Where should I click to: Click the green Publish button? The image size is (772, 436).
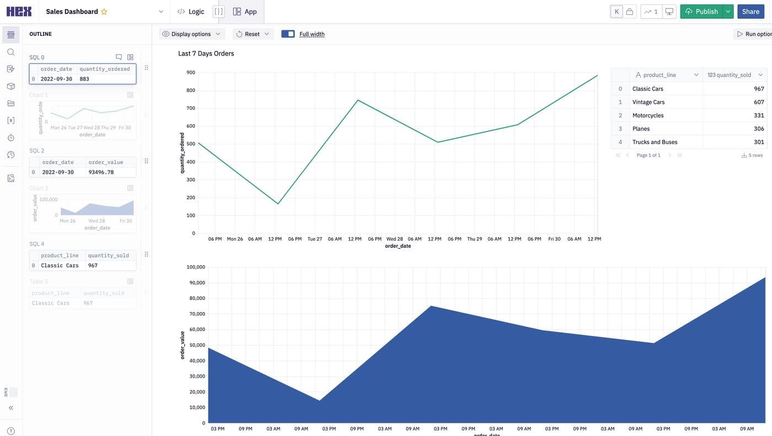pyautogui.click(x=701, y=12)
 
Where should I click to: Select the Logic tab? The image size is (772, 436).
pyautogui.click(x=191, y=12)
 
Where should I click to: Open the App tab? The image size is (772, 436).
pyautogui.click(x=245, y=12)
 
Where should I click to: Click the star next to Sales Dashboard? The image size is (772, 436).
pyautogui.click(x=104, y=12)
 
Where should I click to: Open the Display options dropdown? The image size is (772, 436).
pyautogui.click(x=192, y=34)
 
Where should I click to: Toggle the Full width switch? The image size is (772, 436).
pyautogui.click(x=288, y=34)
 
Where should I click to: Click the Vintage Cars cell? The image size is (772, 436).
pyautogui.click(x=648, y=102)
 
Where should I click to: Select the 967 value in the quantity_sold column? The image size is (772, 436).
pyautogui.click(x=759, y=89)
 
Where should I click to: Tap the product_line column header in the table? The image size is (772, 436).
pyautogui.click(x=660, y=75)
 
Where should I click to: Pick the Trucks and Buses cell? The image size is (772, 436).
pyautogui.click(x=655, y=142)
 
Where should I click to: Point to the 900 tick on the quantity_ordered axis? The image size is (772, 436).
pyautogui.click(x=190, y=72)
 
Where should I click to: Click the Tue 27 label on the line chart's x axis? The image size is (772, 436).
pyautogui.click(x=315, y=239)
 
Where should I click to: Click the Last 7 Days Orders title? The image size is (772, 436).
pyautogui.click(x=206, y=54)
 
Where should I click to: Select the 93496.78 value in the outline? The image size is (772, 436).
pyautogui.click(x=101, y=172)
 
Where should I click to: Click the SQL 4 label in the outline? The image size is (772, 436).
pyautogui.click(x=37, y=244)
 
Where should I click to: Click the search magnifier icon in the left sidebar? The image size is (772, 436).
pyautogui.click(x=10, y=52)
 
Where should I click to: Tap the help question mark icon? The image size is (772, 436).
pyautogui.click(x=10, y=431)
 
